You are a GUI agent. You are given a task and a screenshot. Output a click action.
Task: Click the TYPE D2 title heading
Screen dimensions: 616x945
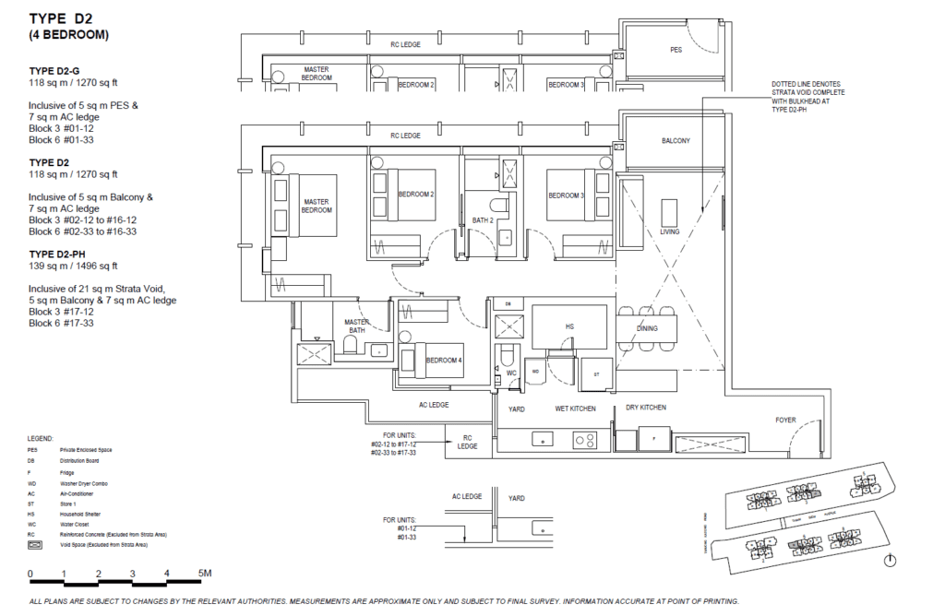[x=63, y=18]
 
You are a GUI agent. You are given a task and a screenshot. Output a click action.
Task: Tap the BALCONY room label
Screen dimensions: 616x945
[x=676, y=141]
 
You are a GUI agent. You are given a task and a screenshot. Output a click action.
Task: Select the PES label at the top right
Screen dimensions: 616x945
[x=676, y=50]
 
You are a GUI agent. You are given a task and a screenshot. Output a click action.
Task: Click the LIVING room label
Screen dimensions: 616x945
[x=669, y=231]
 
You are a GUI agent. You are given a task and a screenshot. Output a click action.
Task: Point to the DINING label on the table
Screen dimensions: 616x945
[x=647, y=328]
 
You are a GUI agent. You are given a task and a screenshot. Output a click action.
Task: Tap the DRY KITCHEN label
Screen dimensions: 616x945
[x=645, y=408]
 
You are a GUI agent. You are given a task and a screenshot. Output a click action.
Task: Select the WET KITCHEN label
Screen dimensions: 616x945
[x=574, y=408]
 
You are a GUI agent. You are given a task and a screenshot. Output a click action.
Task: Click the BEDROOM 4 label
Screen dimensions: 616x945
[x=447, y=360]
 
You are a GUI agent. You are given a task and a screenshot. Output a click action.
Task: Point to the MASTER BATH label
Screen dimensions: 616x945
[x=357, y=327]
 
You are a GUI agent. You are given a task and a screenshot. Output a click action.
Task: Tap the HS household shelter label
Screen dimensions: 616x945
[x=568, y=326]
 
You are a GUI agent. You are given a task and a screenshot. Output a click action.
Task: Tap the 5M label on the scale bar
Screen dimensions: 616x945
[x=205, y=574]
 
